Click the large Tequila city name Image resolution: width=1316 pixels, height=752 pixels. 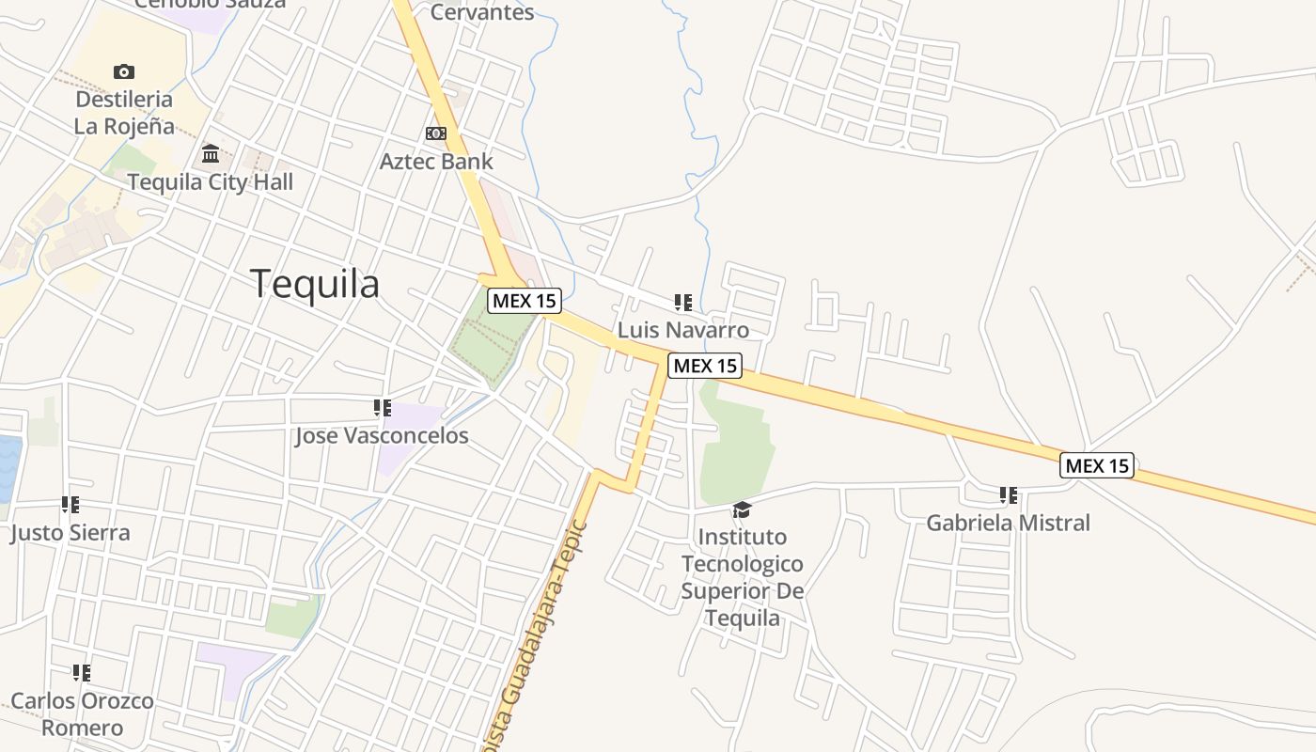tap(315, 283)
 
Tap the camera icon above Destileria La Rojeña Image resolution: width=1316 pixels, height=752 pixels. tap(123, 71)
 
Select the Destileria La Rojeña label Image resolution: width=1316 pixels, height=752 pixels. tap(124, 113)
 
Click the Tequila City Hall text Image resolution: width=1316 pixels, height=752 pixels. tap(210, 181)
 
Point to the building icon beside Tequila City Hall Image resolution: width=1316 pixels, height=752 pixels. tap(211, 153)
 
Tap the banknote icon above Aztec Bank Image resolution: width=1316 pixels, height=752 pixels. tap(436, 133)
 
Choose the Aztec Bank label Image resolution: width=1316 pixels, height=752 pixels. tap(436, 162)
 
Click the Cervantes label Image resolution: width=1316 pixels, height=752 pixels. tap(482, 12)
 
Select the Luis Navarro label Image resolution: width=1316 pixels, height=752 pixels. tap(683, 330)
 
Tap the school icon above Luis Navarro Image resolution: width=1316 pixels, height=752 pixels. tap(683, 303)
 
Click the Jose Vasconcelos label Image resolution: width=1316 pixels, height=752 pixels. tap(382, 436)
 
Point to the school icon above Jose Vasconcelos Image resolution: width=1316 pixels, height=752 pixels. tap(382, 408)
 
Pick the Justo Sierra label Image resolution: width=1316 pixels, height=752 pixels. tap(70, 533)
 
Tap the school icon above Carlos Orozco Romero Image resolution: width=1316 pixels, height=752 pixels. tap(82, 673)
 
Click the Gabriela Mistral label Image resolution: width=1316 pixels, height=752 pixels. tap(1009, 523)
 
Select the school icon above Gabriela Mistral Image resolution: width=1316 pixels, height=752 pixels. tap(1009, 494)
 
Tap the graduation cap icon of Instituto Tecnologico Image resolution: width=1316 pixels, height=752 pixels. tap(743, 509)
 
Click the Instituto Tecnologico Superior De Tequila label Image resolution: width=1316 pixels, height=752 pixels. tap(743, 577)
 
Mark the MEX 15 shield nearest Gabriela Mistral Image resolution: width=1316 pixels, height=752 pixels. tap(1097, 465)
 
